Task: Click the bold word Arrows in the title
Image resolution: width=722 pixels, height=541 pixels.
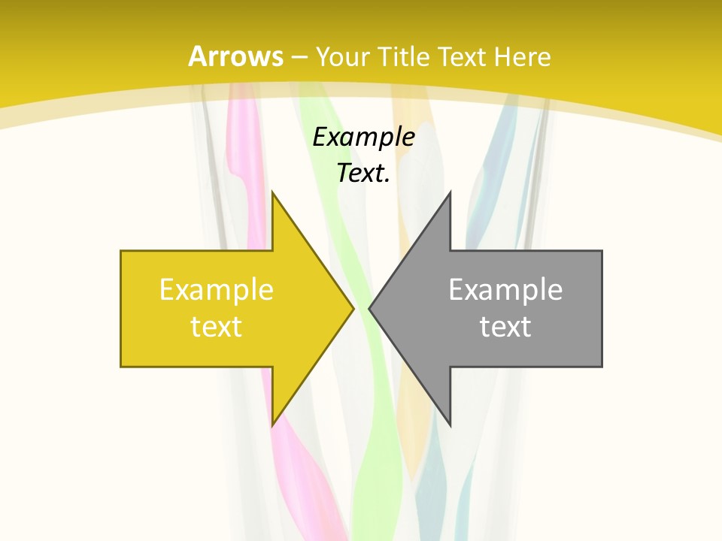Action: pos(235,56)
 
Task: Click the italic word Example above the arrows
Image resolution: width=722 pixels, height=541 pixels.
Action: pos(363,137)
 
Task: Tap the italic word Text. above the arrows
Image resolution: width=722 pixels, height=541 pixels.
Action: pos(363,174)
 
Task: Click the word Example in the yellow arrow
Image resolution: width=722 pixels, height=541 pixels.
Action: pos(217,289)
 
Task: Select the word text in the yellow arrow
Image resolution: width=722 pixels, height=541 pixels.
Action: pos(217,326)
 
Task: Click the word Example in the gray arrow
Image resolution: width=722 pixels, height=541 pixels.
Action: pos(505,289)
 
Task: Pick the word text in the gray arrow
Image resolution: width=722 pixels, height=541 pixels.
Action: pos(505,326)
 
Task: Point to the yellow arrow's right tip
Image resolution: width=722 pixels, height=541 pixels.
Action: pos(353,308)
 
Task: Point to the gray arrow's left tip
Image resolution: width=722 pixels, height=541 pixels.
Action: pos(370,308)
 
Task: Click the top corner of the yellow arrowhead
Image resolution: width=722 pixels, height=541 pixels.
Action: pos(273,192)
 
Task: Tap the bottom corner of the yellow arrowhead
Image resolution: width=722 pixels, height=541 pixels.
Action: pos(273,425)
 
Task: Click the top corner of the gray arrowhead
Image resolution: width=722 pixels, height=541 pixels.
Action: pos(450,192)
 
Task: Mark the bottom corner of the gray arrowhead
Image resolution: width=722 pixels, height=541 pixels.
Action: pos(450,425)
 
